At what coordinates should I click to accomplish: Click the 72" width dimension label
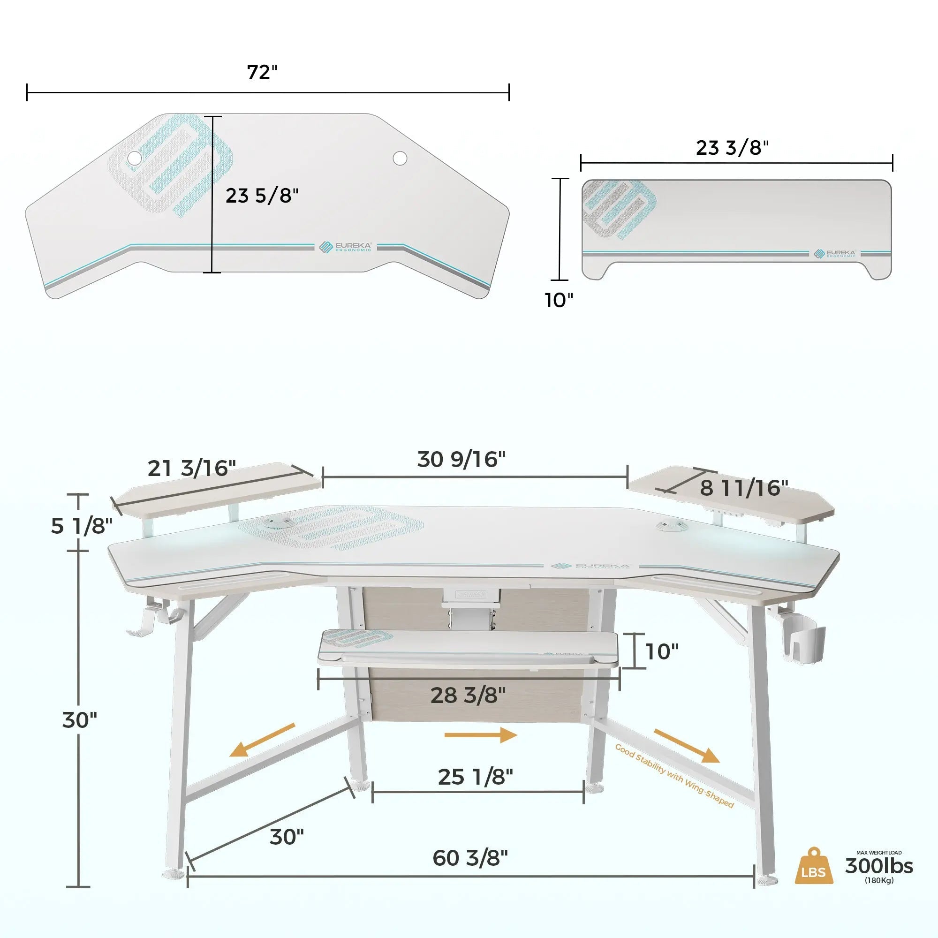pyautogui.click(x=262, y=73)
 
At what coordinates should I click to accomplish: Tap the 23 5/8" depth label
pyautogui.click(x=262, y=196)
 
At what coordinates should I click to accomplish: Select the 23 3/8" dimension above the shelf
pyautogui.click(x=732, y=148)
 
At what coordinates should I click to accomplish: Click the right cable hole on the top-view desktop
pyautogui.click(x=400, y=158)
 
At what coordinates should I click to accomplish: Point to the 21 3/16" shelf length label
pyautogui.click(x=192, y=469)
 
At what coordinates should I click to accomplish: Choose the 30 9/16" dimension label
pyautogui.click(x=461, y=459)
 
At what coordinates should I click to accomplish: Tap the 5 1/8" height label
pyautogui.click(x=82, y=526)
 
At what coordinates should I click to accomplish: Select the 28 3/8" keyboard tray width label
pyautogui.click(x=468, y=696)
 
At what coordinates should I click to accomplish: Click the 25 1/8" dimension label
pyautogui.click(x=475, y=777)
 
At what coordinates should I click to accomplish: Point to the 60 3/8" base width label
pyautogui.click(x=470, y=858)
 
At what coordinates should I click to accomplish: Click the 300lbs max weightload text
pyautogui.click(x=879, y=866)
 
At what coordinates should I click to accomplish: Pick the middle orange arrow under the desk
pyautogui.click(x=481, y=735)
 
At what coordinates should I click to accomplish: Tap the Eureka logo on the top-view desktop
pyautogui.click(x=345, y=247)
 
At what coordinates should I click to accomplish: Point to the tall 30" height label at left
pyautogui.click(x=80, y=720)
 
